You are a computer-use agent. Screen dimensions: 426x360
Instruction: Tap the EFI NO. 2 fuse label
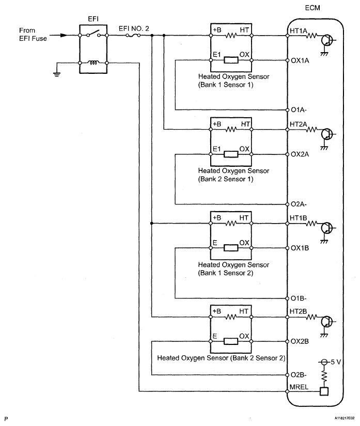tap(134, 29)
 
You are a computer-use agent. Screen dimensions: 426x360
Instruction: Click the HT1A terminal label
tap(299, 30)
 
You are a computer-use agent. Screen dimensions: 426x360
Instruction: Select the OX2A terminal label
tap(300, 154)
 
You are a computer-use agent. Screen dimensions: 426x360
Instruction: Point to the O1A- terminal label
tap(299, 109)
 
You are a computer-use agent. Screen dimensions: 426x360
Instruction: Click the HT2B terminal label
tap(299, 312)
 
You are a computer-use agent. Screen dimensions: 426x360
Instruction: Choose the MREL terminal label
tap(299, 391)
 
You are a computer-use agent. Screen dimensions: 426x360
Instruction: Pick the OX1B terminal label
tap(300, 247)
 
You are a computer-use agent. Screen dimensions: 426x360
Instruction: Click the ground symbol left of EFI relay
tap(57, 73)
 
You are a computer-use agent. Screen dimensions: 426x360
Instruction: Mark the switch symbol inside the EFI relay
tap(93, 35)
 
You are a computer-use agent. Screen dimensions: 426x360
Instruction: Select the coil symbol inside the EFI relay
tap(93, 64)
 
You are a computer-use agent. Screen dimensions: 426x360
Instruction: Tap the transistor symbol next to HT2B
tap(326, 321)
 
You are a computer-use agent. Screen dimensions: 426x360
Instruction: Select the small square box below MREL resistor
tap(324, 391)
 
